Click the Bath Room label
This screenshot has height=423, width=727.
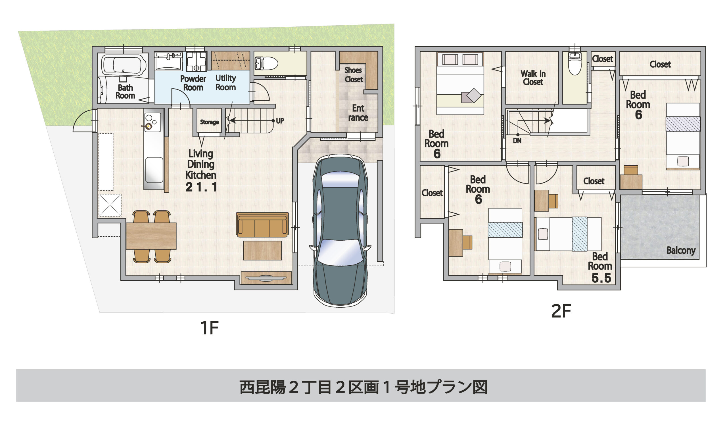125,91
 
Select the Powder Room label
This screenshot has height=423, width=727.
193,83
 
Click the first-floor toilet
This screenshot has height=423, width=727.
266,63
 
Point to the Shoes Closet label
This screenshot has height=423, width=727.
353,75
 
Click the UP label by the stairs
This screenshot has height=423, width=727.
280,121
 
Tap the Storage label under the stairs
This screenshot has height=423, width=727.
210,122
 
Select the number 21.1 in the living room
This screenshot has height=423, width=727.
201,187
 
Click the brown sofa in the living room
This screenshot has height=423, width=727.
262,225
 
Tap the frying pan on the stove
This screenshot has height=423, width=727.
149,126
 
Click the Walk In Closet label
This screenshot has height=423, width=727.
533,78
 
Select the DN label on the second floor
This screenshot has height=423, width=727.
517,141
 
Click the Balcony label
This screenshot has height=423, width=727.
681,250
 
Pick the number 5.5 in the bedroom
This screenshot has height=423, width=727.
601,278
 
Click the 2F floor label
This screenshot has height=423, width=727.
561,311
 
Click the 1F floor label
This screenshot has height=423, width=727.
210,328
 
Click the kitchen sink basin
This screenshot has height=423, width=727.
154,170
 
